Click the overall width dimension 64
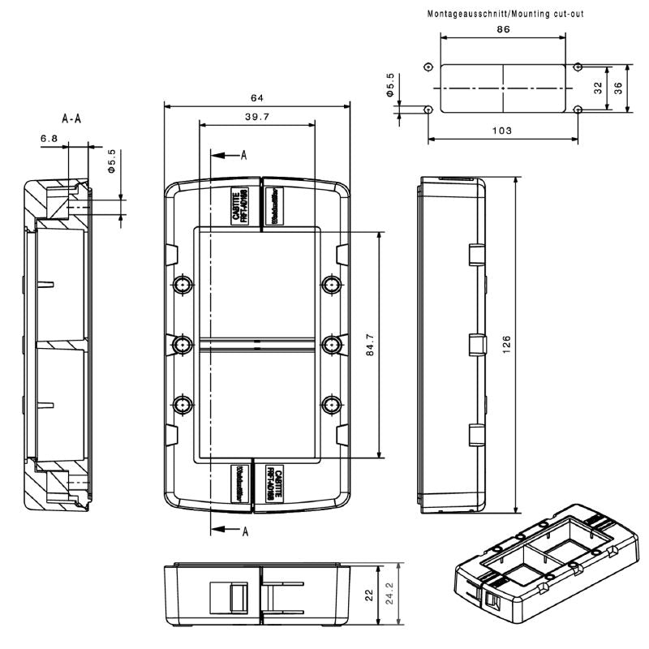tap(256, 98)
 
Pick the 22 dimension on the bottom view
tap(370, 595)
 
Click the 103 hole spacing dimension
tap(502, 131)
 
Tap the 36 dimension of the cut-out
tap(619, 88)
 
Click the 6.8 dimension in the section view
tap(49, 139)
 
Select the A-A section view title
tap(72, 119)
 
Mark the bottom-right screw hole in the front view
tap(330, 404)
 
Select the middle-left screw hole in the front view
tap(183, 345)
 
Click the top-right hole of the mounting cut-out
tap(577, 67)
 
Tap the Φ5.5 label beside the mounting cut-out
tap(391, 86)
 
